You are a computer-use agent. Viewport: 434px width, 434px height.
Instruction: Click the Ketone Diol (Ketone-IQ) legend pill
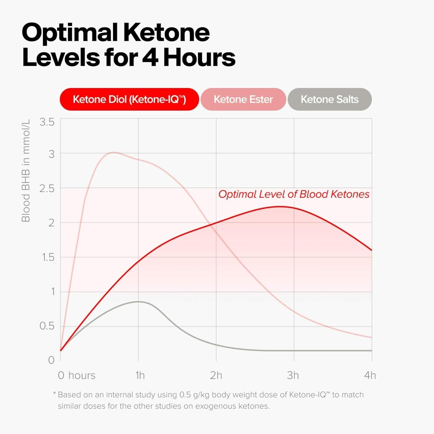(x=129, y=99)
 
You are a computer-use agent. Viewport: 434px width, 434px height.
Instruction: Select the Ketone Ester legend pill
(x=243, y=99)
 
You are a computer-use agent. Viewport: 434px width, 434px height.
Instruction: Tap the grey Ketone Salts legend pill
(x=330, y=99)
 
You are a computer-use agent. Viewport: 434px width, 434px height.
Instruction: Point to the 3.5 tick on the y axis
(x=47, y=122)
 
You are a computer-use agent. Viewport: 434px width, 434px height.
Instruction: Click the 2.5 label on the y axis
(x=47, y=189)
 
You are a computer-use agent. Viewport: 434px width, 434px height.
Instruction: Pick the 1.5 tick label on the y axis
(x=48, y=257)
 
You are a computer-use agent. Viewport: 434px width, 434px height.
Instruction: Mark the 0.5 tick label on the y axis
(x=47, y=326)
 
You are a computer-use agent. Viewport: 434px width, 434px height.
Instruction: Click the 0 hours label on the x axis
(x=77, y=376)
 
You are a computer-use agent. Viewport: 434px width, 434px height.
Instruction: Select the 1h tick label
(x=140, y=376)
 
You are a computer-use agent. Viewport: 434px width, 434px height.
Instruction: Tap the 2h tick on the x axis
(x=216, y=376)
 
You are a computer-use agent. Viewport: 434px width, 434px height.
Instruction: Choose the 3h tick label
(x=293, y=376)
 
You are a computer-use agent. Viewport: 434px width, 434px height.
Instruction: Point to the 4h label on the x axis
(x=370, y=376)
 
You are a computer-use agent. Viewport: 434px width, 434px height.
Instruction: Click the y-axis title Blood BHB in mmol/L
(x=26, y=171)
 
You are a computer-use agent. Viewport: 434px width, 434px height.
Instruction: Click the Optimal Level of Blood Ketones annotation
(x=294, y=194)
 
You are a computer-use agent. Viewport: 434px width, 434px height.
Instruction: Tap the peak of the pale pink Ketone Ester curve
(x=114, y=152)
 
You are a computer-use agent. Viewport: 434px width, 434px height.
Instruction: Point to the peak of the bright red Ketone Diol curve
(x=280, y=206)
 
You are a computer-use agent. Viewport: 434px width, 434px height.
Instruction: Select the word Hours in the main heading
(x=199, y=57)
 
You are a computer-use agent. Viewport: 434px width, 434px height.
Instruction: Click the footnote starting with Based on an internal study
(x=208, y=400)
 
